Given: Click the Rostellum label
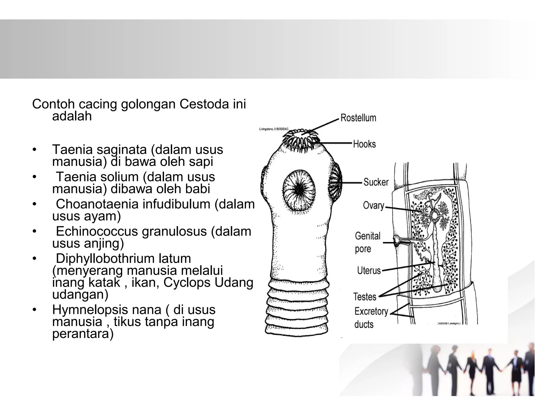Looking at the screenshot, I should tap(358, 118).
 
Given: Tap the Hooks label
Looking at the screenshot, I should tap(364, 144).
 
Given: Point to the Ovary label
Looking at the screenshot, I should tap(373, 206).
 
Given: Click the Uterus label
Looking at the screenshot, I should tap(369, 270).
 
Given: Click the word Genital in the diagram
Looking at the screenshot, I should tap(367, 236).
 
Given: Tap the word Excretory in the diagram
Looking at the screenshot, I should tap(371, 311).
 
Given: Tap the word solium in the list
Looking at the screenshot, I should tap(119, 177).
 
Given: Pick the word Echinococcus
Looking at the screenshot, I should tap(97, 231).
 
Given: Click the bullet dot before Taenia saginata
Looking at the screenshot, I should tap(34, 150).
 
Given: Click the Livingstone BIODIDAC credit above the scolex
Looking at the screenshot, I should tap(274, 129).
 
